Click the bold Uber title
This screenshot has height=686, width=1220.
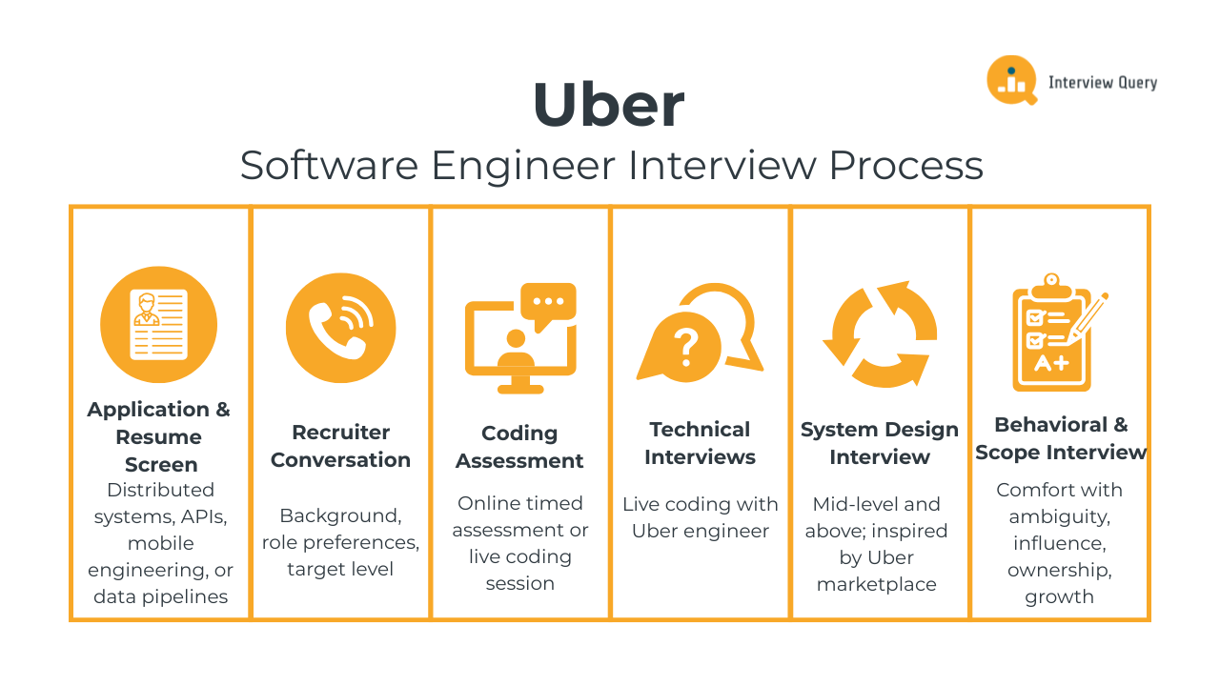[x=608, y=105]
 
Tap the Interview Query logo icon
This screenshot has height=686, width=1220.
[x=1011, y=80]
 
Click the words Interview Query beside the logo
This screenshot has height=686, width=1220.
[x=1103, y=82]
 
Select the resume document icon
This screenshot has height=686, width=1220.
[x=159, y=325]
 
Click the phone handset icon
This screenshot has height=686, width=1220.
[x=340, y=328]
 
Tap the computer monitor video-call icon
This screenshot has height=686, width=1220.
[x=520, y=337]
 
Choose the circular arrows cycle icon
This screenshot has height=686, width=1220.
[x=878, y=333]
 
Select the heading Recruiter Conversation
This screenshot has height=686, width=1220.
[x=340, y=446]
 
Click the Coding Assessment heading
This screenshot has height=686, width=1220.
[x=519, y=447]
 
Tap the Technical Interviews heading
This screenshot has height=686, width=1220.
[x=700, y=443]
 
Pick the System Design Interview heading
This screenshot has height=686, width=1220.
[x=879, y=443]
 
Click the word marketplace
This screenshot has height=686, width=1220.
[x=877, y=584]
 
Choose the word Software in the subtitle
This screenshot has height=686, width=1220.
[x=329, y=166]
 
